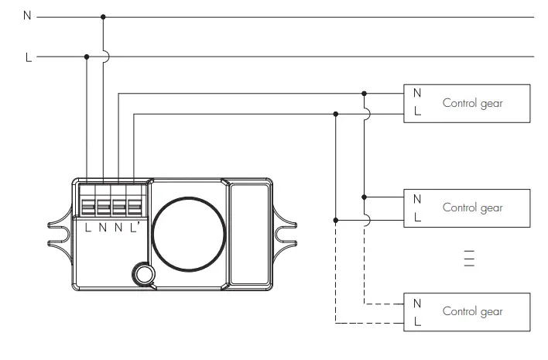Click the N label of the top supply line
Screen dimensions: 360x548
point(28,16)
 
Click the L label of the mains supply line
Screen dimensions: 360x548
point(29,57)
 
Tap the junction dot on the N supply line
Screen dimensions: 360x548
point(103,16)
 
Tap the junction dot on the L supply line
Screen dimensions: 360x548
point(87,57)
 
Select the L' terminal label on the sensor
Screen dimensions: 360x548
point(135,227)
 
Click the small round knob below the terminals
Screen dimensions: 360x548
point(142,273)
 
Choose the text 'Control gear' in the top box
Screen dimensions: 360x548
point(472,103)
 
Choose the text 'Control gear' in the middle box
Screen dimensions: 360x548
point(472,207)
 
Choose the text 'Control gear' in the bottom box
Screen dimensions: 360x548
point(472,311)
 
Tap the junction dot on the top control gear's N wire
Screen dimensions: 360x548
point(364,94)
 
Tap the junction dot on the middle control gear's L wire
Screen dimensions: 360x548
point(335,219)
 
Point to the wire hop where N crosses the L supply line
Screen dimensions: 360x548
point(104,57)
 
